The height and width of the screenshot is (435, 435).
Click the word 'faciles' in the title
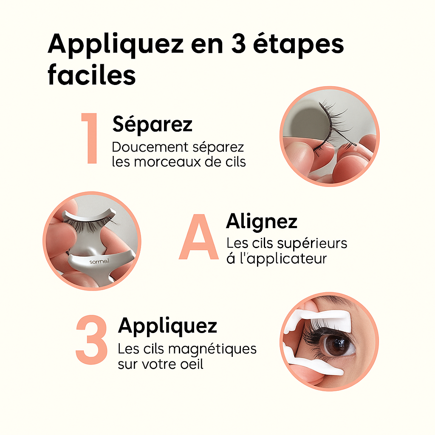[x=92, y=74]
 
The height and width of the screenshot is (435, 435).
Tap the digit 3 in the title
[x=239, y=44]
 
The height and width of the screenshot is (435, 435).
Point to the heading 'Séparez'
[x=153, y=124]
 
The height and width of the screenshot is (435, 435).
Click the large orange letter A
[x=199, y=237]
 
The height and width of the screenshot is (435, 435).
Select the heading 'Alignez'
[x=262, y=222]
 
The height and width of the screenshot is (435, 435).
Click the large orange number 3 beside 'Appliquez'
[x=91, y=339]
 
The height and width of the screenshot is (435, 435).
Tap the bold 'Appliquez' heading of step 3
[x=167, y=326]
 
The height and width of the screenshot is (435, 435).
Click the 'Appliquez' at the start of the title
[x=116, y=44]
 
